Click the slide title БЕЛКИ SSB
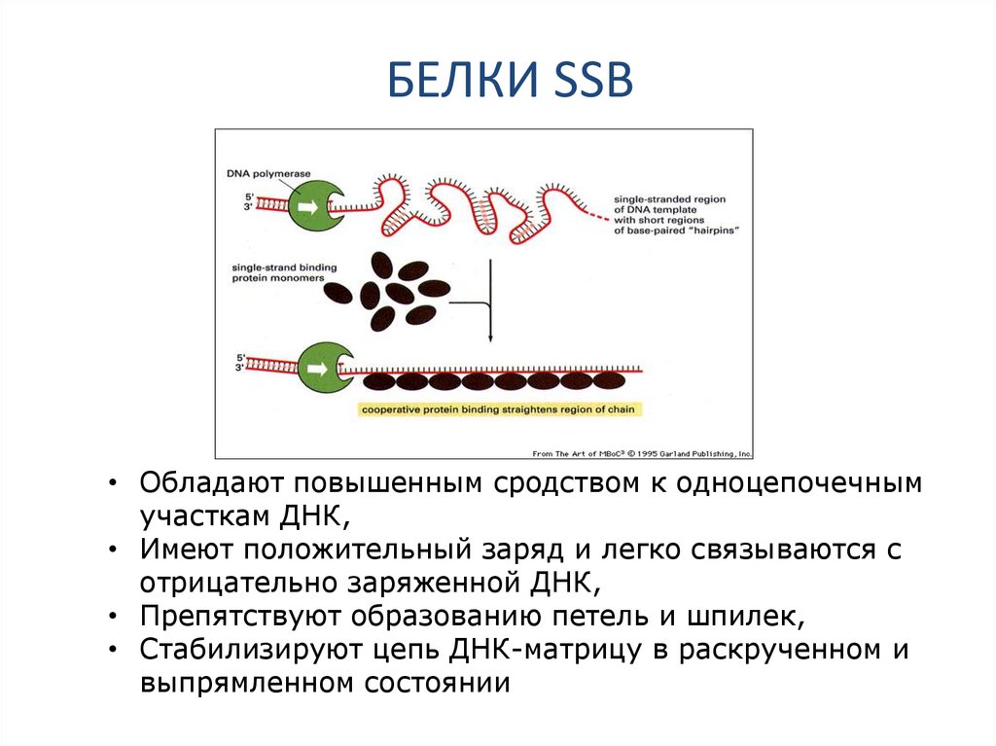click(497, 81)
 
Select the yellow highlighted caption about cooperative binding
click(498, 409)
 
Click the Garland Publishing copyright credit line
click(642, 452)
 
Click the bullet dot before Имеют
click(116, 550)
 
